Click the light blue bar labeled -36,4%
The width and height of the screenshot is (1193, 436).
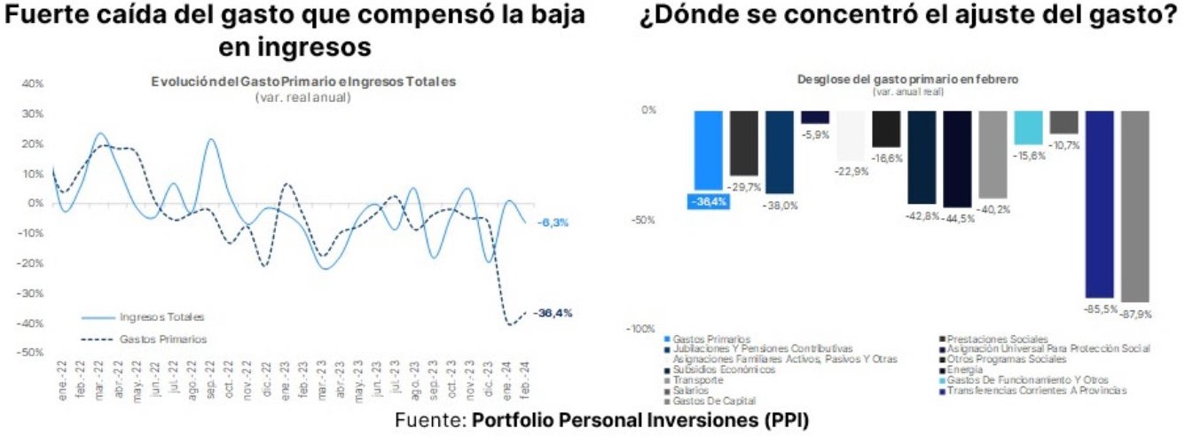708,151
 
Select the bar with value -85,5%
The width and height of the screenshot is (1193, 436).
1099,204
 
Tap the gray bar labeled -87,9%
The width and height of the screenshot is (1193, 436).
1134,206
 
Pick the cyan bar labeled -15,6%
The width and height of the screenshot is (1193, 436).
1028,127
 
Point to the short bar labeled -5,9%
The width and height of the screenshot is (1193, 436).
815,116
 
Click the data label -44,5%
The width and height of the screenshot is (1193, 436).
958,218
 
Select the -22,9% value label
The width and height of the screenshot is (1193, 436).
851,171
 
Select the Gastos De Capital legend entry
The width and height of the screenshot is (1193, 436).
709,401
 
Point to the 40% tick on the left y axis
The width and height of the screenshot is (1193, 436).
33,84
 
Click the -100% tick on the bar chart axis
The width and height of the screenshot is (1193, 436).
640,329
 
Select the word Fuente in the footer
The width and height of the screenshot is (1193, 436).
429,419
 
